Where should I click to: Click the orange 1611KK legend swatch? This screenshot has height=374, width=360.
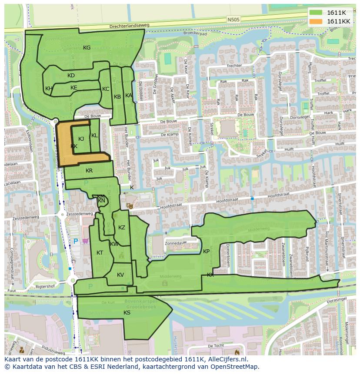point(317,21)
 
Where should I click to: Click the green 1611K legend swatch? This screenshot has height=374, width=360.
point(317,13)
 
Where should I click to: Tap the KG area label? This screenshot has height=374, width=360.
point(87,48)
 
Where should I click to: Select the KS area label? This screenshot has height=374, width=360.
point(127,313)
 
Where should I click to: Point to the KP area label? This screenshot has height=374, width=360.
point(206,252)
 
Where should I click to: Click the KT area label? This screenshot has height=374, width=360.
point(100,253)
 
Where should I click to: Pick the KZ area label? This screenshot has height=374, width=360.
point(122,228)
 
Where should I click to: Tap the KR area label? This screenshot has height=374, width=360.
point(89,171)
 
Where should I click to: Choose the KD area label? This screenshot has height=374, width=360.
point(71,76)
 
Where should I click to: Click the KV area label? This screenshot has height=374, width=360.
point(120,275)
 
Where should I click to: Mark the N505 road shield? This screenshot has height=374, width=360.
point(233,20)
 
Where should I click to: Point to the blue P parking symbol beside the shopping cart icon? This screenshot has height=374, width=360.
point(75,241)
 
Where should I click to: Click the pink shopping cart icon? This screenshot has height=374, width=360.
point(86,241)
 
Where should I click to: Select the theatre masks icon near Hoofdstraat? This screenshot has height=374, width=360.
point(129,205)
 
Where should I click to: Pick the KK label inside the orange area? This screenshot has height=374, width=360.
point(74,146)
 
